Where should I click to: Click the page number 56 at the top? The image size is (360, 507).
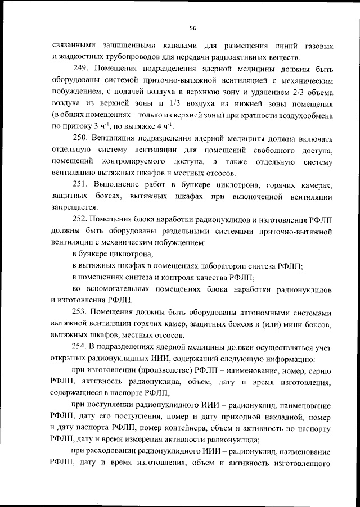click(x=192, y=28)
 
